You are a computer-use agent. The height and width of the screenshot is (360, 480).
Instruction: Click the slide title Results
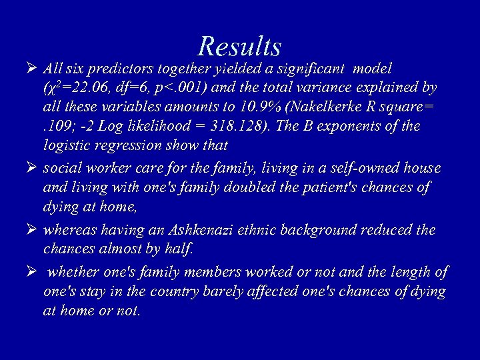pos(239,47)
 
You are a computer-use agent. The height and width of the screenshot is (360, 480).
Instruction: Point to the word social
pos(61,169)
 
